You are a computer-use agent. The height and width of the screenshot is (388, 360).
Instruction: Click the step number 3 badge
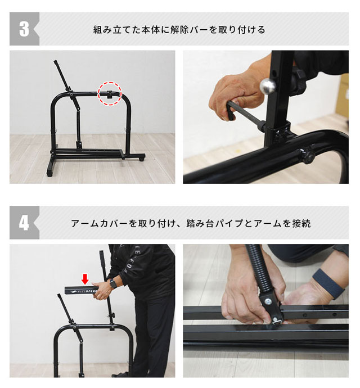[x=24, y=29]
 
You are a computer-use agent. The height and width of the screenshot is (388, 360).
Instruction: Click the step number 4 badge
[x=24, y=223]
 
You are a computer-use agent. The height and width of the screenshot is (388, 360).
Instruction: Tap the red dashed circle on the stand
[x=110, y=92]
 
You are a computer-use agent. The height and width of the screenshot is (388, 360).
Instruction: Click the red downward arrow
[x=85, y=278]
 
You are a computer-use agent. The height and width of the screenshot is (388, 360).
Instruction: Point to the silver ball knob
[x=268, y=86]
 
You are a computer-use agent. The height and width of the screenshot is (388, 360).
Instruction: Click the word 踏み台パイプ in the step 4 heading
[x=225, y=223]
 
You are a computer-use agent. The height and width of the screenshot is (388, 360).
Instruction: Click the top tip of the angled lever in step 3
[x=56, y=62]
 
